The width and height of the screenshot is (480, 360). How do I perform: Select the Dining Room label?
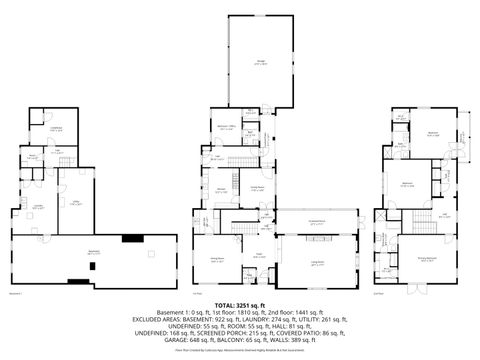(x=216, y=259)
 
